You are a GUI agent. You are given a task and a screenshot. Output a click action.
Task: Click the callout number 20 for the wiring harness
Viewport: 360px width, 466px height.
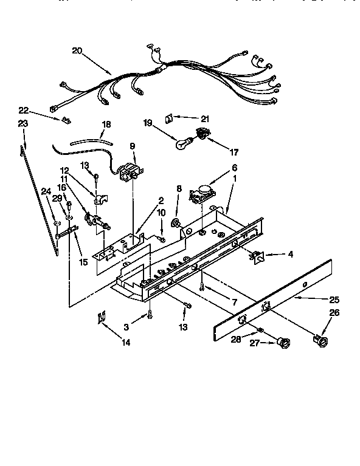coord(77,51)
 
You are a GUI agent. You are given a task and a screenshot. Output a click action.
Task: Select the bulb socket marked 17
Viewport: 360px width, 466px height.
coord(201,135)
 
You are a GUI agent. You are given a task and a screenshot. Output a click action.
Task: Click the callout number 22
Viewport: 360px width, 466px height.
coord(23,110)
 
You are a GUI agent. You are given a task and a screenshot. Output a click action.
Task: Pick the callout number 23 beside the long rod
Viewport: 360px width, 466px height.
coord(23,123)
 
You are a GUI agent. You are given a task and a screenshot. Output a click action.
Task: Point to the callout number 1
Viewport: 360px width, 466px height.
coord(235,179)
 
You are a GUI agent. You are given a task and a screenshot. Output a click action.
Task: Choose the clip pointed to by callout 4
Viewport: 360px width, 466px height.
coord(257,258)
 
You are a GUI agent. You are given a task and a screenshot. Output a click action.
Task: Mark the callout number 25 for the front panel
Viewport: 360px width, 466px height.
coord(334,300)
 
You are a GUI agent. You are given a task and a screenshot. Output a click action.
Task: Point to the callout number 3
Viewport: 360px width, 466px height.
coord(126,327)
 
